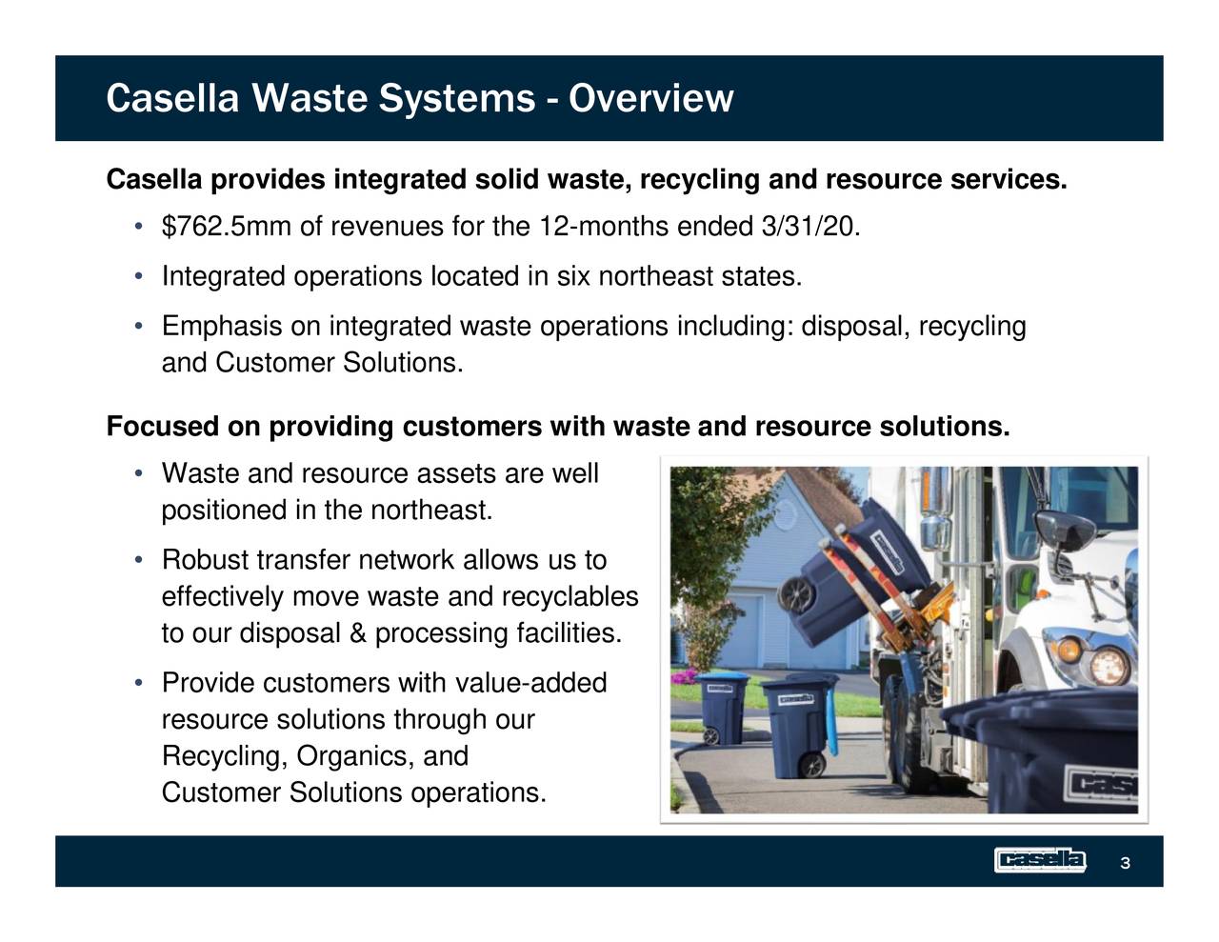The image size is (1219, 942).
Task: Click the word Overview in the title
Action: point(650,98)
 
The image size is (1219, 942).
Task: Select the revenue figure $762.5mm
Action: point(227,227)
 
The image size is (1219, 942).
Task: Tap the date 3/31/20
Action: point(810,227)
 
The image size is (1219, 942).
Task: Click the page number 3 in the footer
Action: point(1125,863)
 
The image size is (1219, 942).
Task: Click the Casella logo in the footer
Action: point(1039,860)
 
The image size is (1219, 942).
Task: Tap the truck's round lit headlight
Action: point(1109,665)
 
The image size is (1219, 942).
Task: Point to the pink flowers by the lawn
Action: point(684,679)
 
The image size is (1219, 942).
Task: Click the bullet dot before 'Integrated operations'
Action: point(139,277)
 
